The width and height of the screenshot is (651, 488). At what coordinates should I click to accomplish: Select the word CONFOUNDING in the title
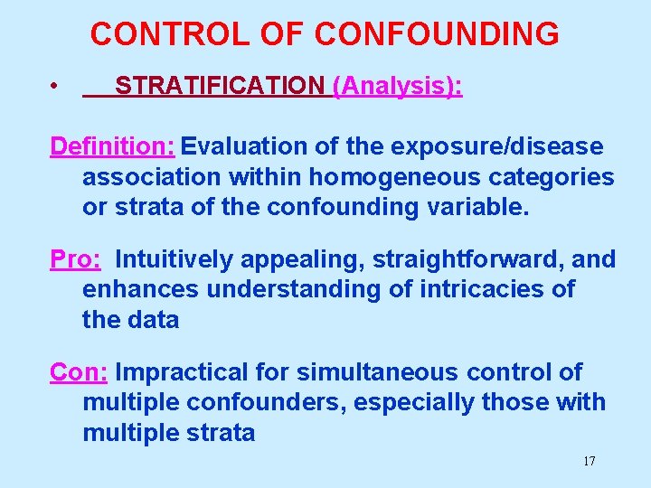pos(437,34)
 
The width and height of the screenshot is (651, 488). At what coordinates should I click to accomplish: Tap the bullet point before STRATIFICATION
pos(55,88)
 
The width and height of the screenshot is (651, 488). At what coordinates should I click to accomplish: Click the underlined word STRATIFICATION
pos(220,86)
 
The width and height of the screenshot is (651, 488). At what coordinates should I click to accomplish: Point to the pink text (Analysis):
pos(398,86)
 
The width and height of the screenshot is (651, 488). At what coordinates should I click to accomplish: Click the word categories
pos(552,176)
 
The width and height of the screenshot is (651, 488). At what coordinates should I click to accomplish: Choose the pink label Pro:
pos(76,259)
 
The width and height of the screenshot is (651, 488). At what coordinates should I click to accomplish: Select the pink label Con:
pos(80,372)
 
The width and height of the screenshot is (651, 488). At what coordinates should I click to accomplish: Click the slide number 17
pos(589,462)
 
